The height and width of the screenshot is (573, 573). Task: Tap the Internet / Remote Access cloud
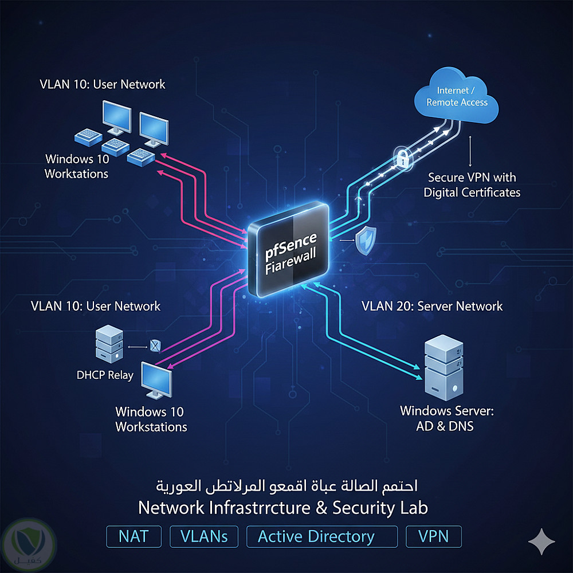(457, 97)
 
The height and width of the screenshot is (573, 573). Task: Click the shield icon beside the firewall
(364, 241)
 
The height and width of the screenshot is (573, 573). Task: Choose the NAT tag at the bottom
(134, 537)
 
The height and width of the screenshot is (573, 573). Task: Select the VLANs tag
(204, 537)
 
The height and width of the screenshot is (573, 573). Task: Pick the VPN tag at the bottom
(433, 537)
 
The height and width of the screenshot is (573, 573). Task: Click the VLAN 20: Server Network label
(432, 306)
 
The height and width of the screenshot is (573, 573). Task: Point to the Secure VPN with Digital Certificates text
(472, 185)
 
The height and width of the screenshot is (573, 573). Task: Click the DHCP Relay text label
(105, 376)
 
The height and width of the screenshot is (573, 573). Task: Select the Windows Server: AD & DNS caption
(446, 418)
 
